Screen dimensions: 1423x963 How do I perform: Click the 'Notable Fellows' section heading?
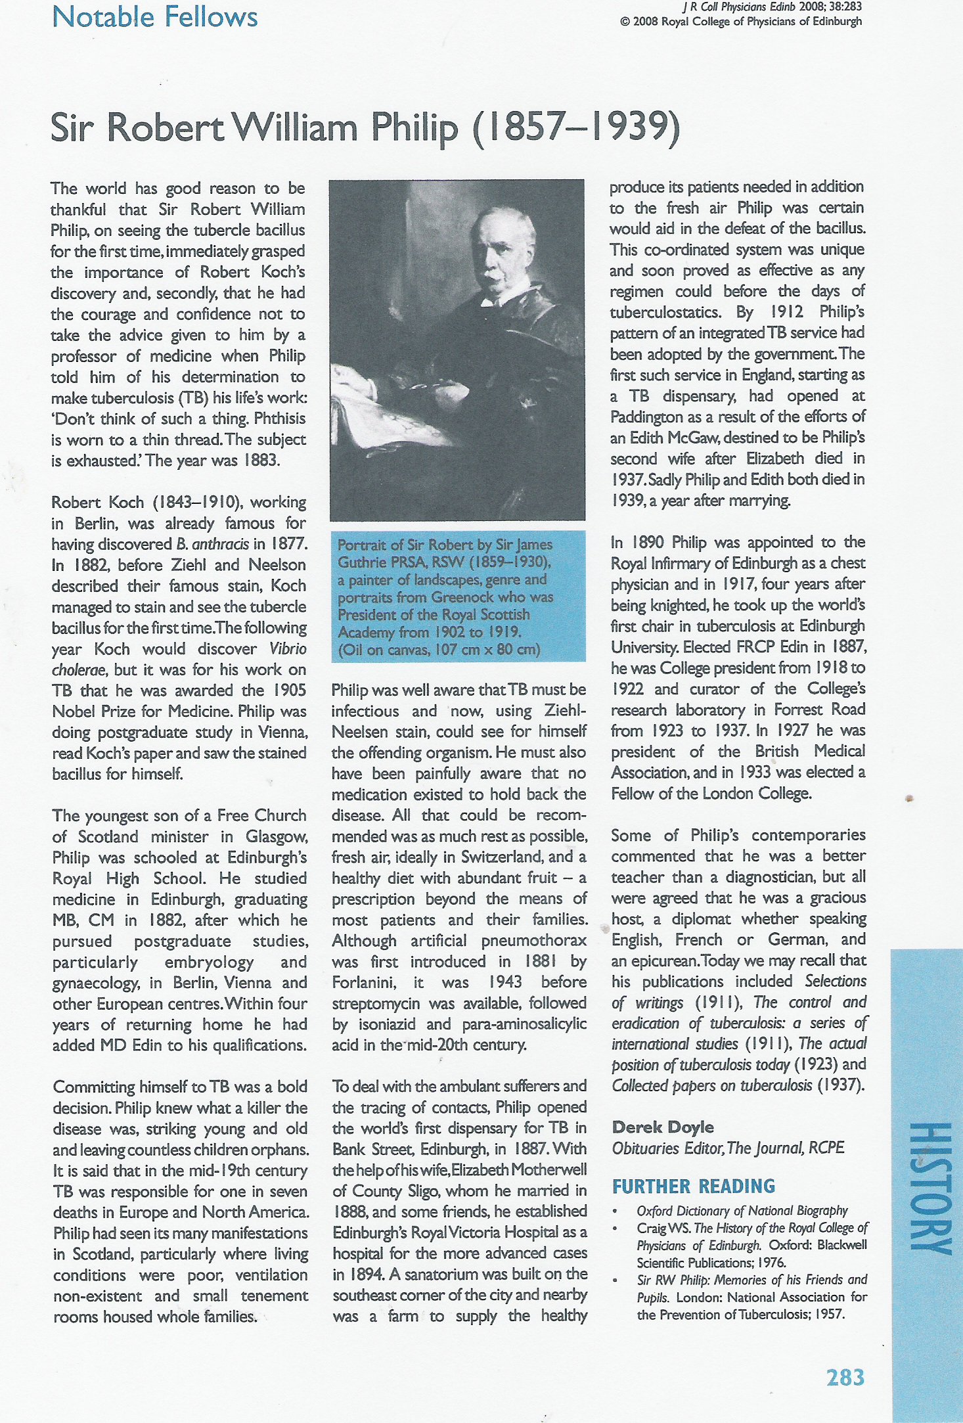(x=155, y=16)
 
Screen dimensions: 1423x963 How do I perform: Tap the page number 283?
(x=845, y=1377)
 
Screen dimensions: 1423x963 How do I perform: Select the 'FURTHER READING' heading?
(x=693, y=1186)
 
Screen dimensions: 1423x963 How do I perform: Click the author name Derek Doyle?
(x=662, y=1127)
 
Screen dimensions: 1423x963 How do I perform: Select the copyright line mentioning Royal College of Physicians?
(x=740, y=21)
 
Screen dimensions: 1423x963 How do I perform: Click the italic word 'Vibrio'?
(x=288, y=648)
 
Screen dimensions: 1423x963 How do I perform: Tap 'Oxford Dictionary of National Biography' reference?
(x=742, y=1210)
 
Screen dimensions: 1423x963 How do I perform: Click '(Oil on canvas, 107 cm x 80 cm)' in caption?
(x=439, y=650)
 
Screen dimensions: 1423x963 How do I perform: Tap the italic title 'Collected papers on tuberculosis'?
(x=711, y=1085)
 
